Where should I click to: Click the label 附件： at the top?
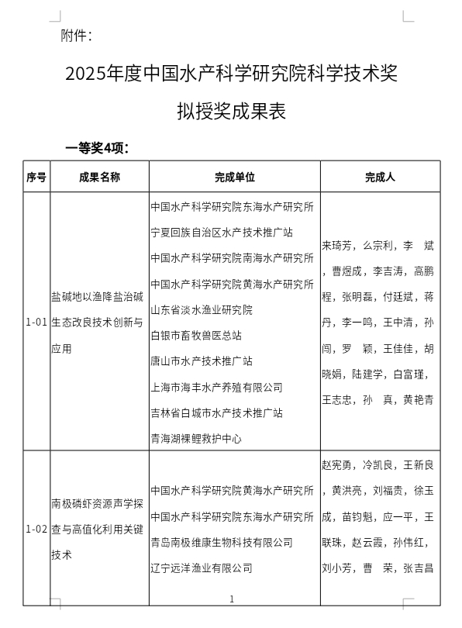pyautogui.click(x=77, y=35)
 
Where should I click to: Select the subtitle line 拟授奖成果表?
pyautogui.click(x=232, y=112)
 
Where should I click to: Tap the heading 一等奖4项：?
pyautogui.click(x=97, y=147)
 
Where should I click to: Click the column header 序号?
pyautogui.click(x=36, y=177)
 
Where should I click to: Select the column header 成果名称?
pyautogui.click(x=99, y=177)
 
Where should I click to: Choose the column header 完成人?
pyautogui.click(x=380, y=177)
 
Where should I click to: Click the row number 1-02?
pyautogui.click(x=36, y=530)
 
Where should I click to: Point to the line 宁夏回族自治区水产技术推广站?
pyautogui.click(x=222, y=232)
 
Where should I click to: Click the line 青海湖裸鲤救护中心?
pyautogui.click(x=196, y=438)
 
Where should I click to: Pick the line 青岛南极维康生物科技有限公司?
pyautogui.click(x=222, y=542)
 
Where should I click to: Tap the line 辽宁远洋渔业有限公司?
pyautogui.click(x=202, y=568)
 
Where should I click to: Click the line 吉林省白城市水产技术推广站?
pyautogui.click(x=217, y=412)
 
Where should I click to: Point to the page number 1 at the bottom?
pyautogui.click(x=232, y=599)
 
